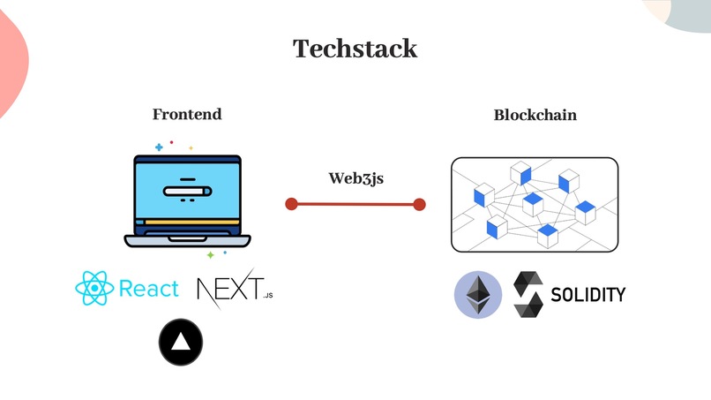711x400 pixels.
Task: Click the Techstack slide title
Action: tap(355, 49)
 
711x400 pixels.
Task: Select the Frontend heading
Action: tap(187, 114)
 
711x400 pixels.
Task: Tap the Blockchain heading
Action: tap(535, 115)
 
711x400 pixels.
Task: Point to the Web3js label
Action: tap(356, 177)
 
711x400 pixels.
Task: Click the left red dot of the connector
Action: tap(291, 204)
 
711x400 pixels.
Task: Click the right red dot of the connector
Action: tap(419, 204)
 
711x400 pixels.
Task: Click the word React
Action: tap(148, 290)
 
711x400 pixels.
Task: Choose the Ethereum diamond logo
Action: tap(477, 295)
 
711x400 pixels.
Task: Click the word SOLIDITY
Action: tap(588, 294)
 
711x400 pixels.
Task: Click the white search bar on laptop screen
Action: tap(187, 190)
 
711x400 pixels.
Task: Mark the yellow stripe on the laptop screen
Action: tap(187, 221)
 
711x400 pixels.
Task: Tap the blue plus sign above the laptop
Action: tap(159, 147)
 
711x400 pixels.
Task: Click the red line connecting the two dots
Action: tap(355, 204)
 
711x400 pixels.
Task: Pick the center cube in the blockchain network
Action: tap(531, 203)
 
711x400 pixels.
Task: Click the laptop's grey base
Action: tap(187, 239)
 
